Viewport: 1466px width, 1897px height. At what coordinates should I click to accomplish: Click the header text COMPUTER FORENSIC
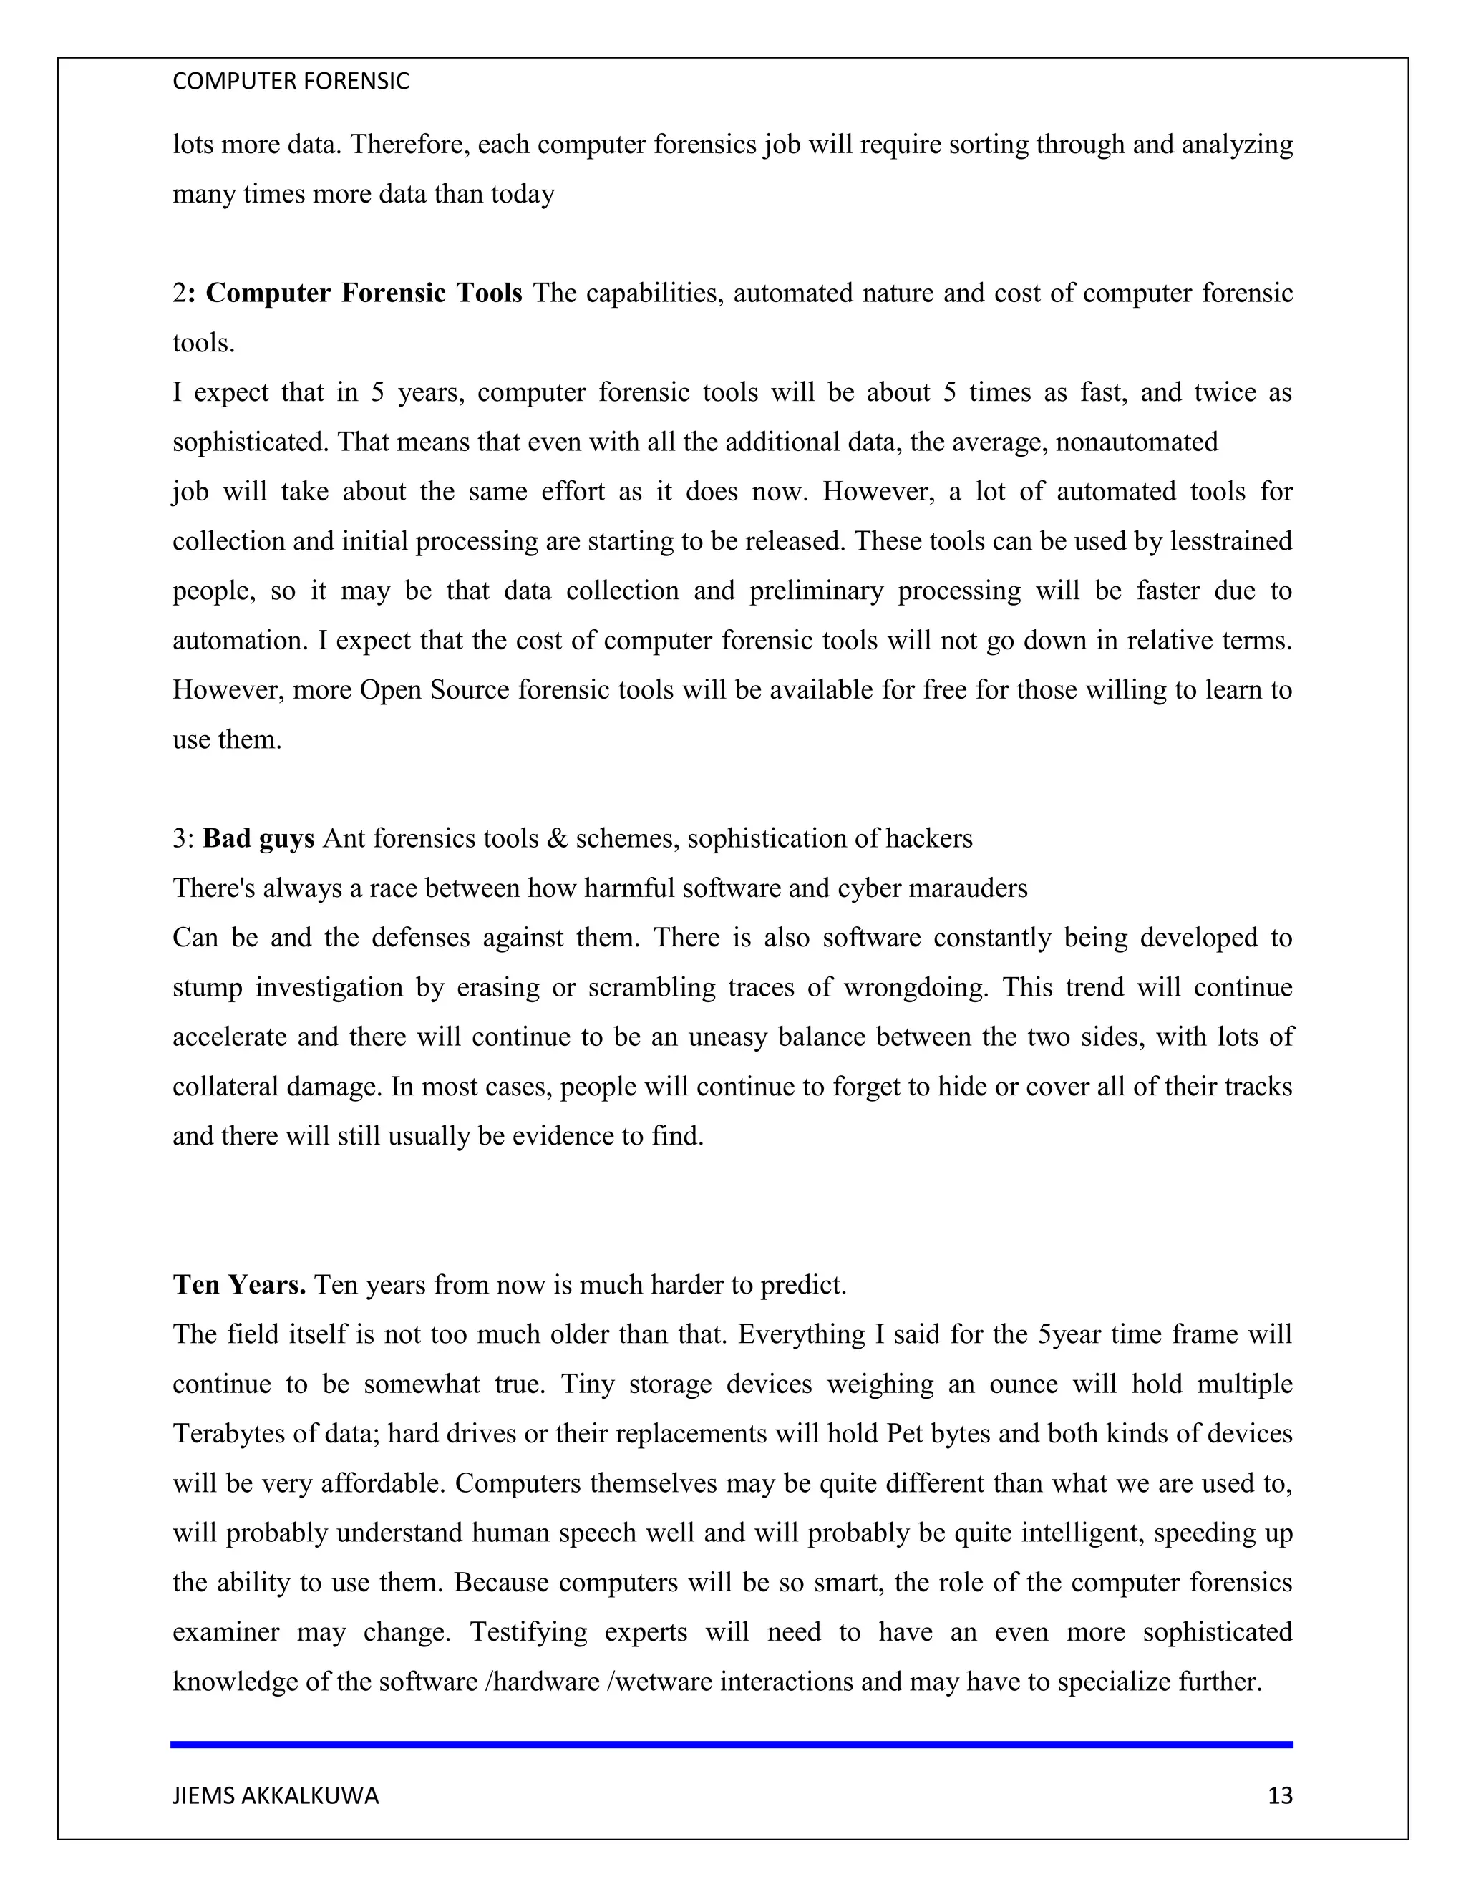[291, 82]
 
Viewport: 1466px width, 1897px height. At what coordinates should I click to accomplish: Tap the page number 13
[1279, 1795]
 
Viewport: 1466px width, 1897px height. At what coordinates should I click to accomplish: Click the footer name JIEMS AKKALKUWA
[276, 1795]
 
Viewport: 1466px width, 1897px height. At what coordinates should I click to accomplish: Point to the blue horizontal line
[732, 1744]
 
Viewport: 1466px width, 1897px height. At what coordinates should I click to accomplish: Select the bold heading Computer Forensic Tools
[363, 293]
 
